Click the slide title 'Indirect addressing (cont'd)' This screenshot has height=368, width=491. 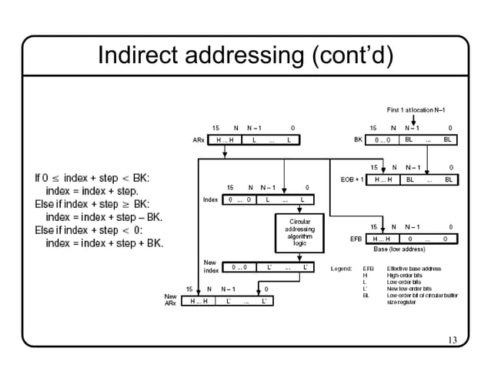point(245,55)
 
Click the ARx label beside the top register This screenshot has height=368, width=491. point(199,140)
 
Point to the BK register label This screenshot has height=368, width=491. point(358,140)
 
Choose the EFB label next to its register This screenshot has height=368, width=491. point(356,239)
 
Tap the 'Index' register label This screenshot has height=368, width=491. point(210,200)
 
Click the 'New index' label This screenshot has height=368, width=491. point(210,267)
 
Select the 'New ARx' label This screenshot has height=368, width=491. point(170,299)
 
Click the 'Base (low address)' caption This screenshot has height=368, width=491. point(399,249)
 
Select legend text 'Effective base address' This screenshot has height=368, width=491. point(414,269)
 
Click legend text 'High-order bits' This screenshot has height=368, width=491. point(406,275)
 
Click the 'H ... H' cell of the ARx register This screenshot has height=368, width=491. point(225,140)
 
